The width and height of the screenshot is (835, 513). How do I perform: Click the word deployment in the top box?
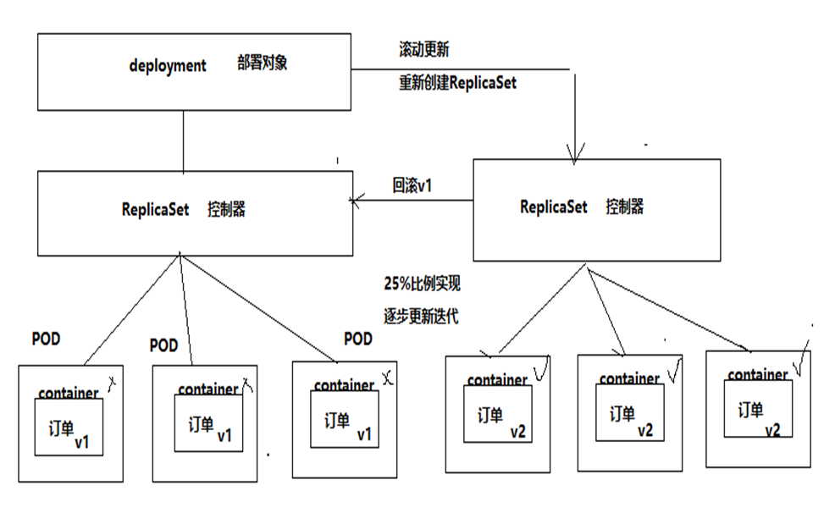168,66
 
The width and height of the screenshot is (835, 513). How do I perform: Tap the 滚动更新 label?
423,50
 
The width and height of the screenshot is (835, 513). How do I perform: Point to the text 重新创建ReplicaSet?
457,83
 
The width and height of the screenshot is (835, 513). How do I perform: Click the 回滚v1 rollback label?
412,185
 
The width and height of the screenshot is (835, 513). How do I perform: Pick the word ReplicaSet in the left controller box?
155,210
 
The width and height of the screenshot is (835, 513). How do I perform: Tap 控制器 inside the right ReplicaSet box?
625,207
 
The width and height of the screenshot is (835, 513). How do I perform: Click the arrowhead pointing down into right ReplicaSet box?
575,156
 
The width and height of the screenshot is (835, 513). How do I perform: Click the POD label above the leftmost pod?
46,338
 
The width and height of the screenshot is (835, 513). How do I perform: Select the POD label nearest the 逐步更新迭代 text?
358,339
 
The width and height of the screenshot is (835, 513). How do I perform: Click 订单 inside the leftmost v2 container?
490,415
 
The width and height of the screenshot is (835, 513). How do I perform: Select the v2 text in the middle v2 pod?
644,430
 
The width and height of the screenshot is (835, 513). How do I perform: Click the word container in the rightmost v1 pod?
344,385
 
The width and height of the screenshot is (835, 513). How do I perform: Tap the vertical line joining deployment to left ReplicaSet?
184,140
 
